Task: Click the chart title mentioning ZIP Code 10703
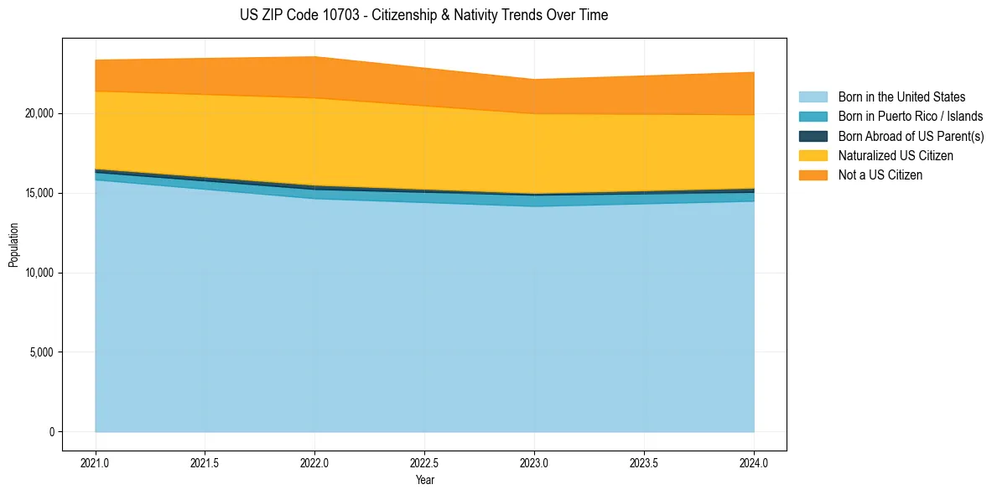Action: tap(423, 15)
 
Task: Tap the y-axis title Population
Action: tap(13, 245)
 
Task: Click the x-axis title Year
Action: tap(424, 481)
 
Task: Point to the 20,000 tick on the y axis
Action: tap(38, 113)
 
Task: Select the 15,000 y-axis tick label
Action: tap(38, 193)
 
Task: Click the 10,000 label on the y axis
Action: tap(38, 273)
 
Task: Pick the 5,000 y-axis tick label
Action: tap(40, 352)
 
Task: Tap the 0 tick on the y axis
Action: tap(51, 432)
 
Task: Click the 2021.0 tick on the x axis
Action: tap(96, 462)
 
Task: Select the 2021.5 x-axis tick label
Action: tap(205, 462)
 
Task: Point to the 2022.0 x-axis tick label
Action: tap(315, 462)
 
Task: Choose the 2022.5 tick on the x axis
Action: tap(425, 462)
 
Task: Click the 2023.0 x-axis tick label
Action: tap(534, 462)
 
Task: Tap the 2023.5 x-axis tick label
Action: tap(644, 462)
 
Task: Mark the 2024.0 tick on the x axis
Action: tap(754, 462)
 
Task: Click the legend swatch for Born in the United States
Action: tap(813, 97)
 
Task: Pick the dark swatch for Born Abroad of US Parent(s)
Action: tap(813, 136)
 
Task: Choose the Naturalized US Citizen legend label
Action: tap(896, 156)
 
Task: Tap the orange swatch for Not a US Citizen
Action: tap(813, 175)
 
